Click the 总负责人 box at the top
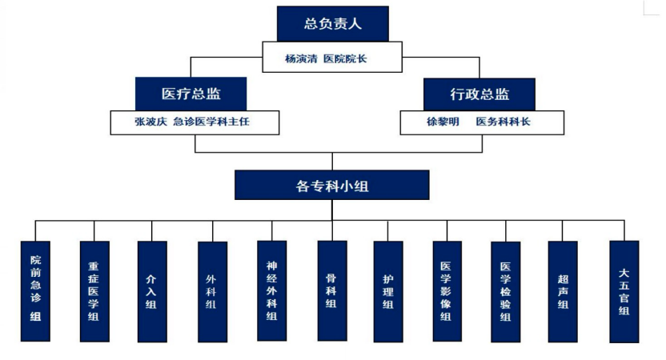(332, 24)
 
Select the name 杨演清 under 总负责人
(300, 58)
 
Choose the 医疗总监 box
(191, 94)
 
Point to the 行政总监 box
(479, 94)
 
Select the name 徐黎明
(443, 122)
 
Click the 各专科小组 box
(332, 186)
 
